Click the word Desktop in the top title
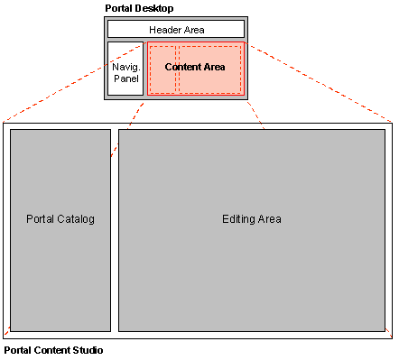(154, 8)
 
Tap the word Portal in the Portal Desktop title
(119, 8)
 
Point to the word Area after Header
(192, 30)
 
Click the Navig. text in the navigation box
(125, 67)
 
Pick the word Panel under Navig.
(125, 78)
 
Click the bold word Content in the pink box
(183, 68)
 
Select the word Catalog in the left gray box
(75, 219)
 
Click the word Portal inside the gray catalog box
(41, 219)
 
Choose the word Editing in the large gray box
(239, 219)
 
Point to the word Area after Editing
(270, 219)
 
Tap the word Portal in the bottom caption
(18, 350)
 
